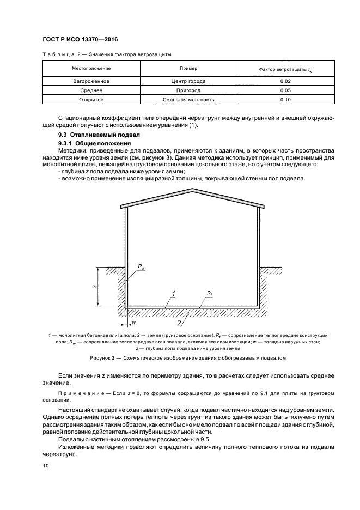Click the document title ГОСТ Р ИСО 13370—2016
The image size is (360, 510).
[80, 39]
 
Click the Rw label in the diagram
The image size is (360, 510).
[142, 267]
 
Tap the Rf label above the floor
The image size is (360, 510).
[210, 293]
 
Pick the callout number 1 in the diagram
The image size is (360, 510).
[173, 294]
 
